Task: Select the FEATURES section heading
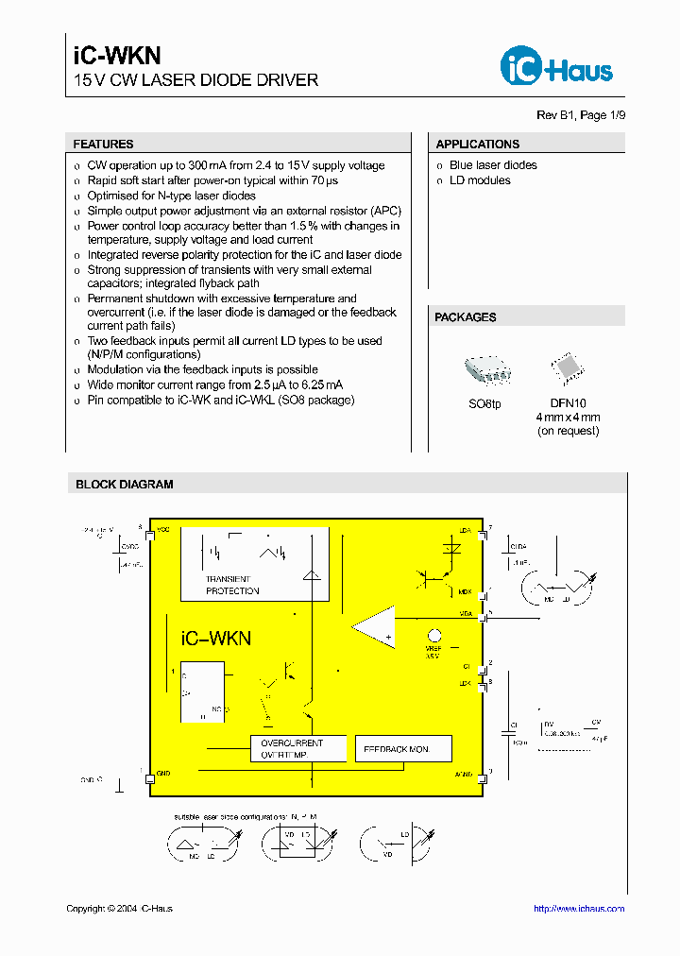(104, 145)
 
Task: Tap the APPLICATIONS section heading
(478, 145)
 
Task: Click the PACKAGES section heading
(466, 317)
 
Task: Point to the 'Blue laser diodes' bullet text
(493, 165)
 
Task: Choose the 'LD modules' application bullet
(480, 180)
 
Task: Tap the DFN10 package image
(568, 369)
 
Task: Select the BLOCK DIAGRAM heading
(125, 485)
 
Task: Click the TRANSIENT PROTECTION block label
(232, 586)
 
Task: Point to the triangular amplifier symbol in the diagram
(375, 626)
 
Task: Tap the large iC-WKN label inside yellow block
(216, 639)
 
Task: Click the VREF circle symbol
(434, 636)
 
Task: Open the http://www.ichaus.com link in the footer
(579, 909)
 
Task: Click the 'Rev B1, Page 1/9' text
(581, 115)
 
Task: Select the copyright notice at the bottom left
(120, 909)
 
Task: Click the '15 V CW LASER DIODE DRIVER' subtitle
(196, 80)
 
